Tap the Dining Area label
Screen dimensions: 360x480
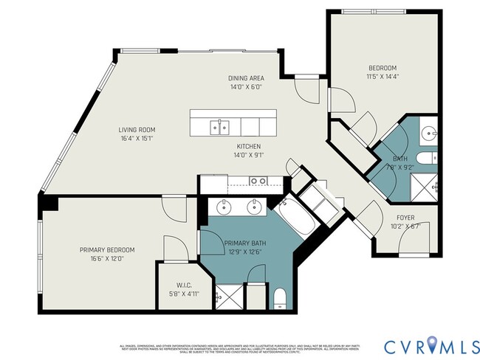[x=247, y=78]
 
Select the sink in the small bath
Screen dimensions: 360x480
[x=430, y=134]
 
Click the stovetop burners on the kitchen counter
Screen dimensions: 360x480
[x=258, y=180]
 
